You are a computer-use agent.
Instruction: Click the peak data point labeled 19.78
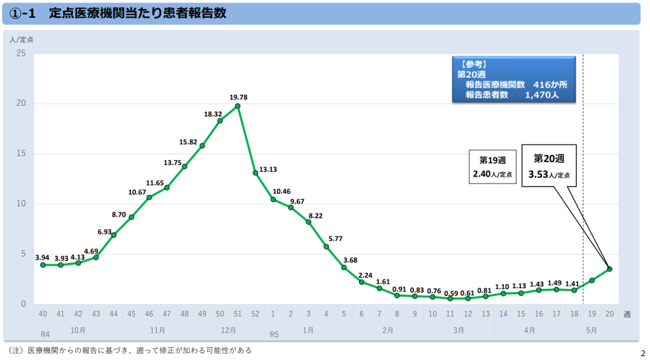click(x=238, y=106)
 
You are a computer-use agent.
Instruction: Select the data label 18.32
click(x=213, y=114)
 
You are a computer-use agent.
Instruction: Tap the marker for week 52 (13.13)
click(x=255, y=173)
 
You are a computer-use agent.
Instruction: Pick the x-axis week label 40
click(x=43, y=314)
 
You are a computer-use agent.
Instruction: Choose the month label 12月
click(x=229, y=330)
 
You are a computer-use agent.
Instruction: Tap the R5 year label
click(x=274, y=334)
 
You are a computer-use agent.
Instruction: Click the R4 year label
click(x=45, y=334)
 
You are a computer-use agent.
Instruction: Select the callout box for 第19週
click(x=493, y=167)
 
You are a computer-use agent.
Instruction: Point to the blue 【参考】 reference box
click(x=514, y=79)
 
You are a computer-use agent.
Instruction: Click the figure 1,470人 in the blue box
click(x=541, y=95)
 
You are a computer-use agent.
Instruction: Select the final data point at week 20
click(x=609, y=269)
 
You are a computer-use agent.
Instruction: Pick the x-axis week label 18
click(x=574, y=314)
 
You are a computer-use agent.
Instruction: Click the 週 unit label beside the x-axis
click(x=627, y=314)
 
